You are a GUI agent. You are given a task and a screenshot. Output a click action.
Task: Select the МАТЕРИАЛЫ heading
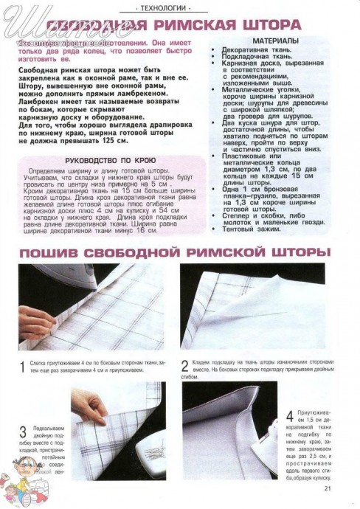(276, 41)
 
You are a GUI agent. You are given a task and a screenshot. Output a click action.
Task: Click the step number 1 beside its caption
(22, 367)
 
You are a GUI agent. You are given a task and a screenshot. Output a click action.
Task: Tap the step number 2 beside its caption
(185, 364)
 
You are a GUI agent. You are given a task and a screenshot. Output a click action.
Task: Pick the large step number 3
(23, 432)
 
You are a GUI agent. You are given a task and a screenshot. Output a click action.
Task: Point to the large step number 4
(289, 418)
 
